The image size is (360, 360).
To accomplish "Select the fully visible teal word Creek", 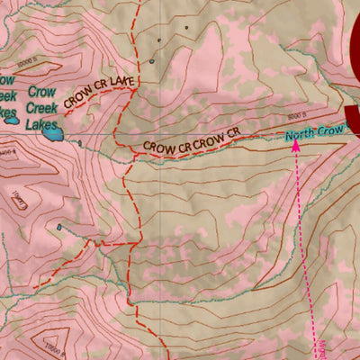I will point(42,106).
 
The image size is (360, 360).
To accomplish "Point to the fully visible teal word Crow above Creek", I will point(40,92).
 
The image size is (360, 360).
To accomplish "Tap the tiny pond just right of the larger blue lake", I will point(80,140).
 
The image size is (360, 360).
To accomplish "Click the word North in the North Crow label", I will point(301,136).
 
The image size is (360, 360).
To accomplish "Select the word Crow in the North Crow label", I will point(333,131).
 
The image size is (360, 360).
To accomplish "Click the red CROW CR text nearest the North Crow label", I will point(221,137).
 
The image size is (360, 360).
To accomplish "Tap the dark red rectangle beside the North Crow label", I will point(353,121).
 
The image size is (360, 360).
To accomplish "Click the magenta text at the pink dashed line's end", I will point(321,346).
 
